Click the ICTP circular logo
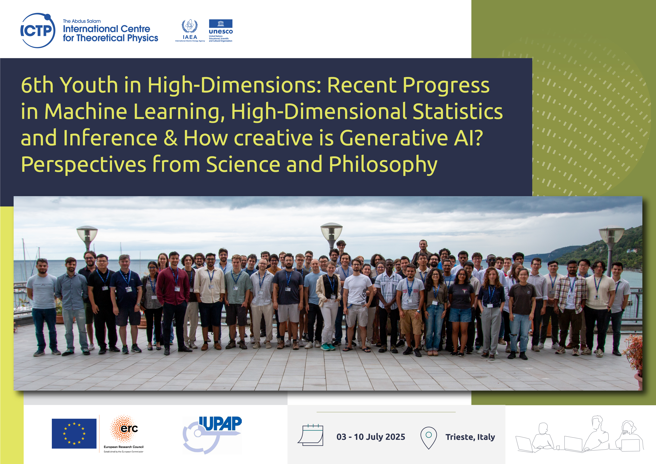click(x=38, y=30)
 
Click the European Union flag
click(x=74, y=433)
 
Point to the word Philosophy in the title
click(x=383, y=165)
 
